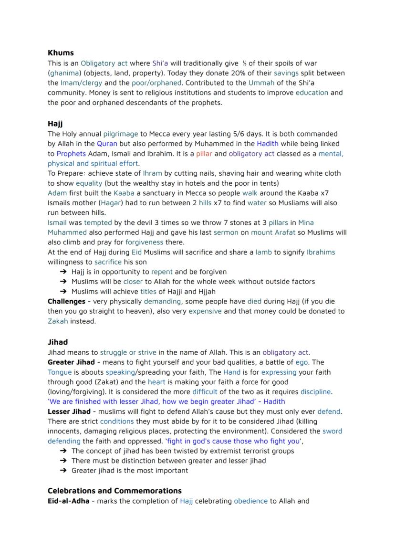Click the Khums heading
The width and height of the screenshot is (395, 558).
tap(61, 53)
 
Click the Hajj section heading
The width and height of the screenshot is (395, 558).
tap(55, 124)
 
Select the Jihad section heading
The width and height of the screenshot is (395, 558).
tap(58, 342)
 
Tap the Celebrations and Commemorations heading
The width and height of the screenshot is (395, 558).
tap(114, 491)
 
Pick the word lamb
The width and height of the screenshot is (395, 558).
tap(264, 252)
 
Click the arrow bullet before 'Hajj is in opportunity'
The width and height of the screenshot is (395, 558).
tap(63, 272)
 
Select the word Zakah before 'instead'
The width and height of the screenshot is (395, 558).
tap(58, 321)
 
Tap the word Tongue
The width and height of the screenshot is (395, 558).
tap(60, 372)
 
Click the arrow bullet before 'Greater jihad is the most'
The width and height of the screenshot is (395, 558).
tap(63, 471)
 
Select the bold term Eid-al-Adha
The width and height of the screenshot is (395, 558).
tap(68, 501)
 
